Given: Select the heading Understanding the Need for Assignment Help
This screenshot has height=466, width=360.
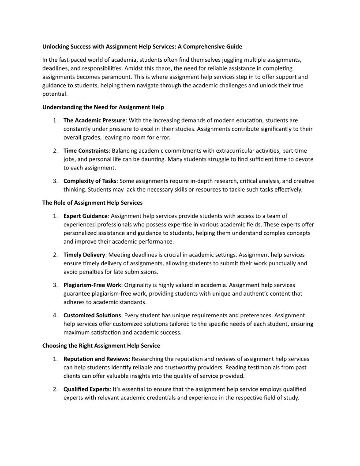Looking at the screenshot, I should pyautogui.click(x=103, y=107).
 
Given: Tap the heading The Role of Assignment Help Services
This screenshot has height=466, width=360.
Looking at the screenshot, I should pyautogui.click(x=92, y=203).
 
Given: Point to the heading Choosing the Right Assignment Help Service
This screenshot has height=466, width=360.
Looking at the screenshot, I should pyautogui.click(x=101, y=346).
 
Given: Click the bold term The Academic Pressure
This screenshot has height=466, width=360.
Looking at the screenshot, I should pyautogui.click(x=94, y=120).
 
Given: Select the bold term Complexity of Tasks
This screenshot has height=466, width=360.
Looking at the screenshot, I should pyautogui.click(x=90, y=181).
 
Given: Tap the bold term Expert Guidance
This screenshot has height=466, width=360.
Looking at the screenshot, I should pyautogui.click(x=85, y=216).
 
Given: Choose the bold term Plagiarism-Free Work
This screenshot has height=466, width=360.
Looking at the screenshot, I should pyautogui.click(x=92, y=285).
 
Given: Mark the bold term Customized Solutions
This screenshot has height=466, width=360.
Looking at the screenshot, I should pyautogui.click(x=92, y=315).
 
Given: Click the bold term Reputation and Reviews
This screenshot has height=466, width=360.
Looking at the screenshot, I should pyautogui.click(x=96, y=359).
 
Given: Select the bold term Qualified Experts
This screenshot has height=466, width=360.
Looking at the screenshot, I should pyautogui.click(x=86, y=389).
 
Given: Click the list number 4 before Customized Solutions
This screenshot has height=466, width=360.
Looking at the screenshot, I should pyautogui.click(x=55, y=315).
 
